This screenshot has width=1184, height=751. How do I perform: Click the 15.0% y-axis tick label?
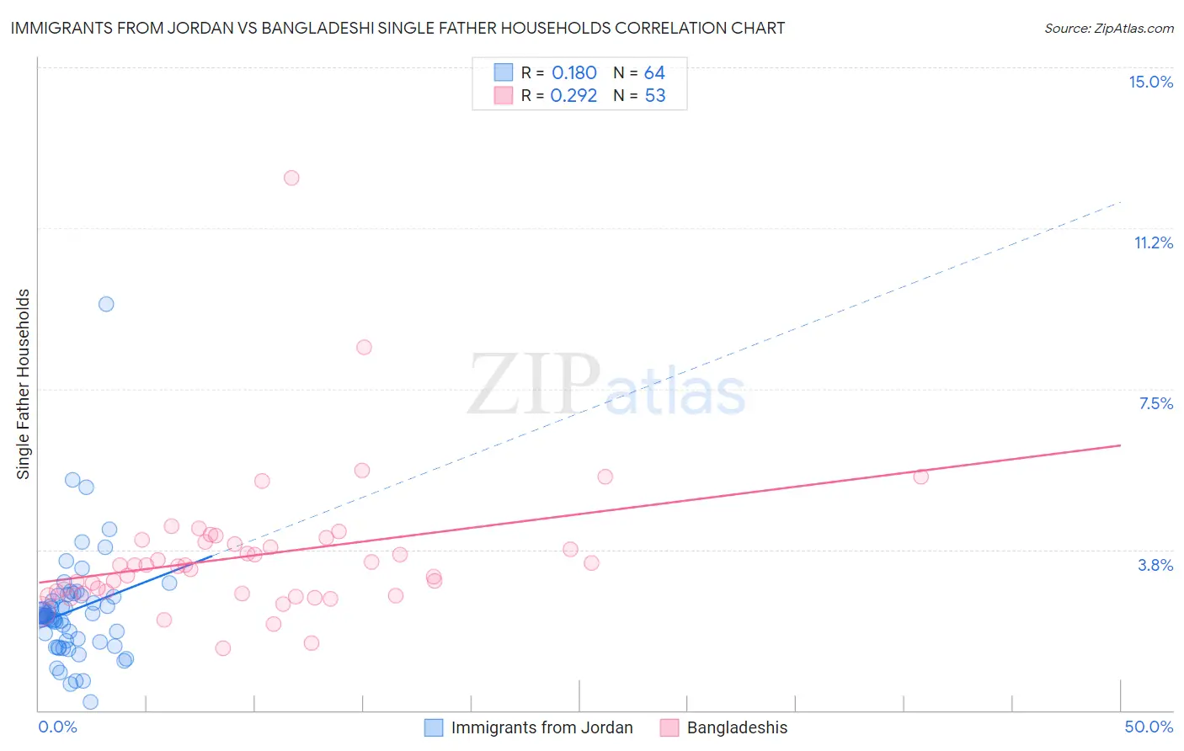click(x=1150, y=82)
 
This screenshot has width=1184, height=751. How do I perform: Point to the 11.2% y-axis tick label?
click(x=1153, y=242)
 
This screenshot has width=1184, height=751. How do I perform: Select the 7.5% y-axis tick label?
click(x=1155, y=403)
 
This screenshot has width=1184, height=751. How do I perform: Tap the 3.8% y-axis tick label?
click(x=1155, y=565)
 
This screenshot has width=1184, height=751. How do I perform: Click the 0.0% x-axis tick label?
click(x=57, y=727)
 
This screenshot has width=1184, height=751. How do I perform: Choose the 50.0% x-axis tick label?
click(x=1149, y=727)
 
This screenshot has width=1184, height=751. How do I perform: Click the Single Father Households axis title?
click(x=24, y=384)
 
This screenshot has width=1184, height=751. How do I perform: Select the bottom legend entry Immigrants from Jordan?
click(x=541, y=727)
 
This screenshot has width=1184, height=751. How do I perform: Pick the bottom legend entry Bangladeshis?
click(x=737, y=727)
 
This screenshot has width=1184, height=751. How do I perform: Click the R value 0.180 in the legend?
click(x=573, y=73)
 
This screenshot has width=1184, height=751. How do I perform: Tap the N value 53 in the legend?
click(x=654, y=96)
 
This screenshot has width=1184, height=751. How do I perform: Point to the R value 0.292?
click(x=573, y=96)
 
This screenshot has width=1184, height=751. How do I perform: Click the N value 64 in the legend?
click(x=654, y=73)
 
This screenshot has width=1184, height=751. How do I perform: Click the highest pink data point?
click(x=291, y=178)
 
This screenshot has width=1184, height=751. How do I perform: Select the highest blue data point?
click(x=106, y=304)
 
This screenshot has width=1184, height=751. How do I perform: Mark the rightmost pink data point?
click(x=920, y=477)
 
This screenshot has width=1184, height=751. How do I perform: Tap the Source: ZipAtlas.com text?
click(x=1108, y=29)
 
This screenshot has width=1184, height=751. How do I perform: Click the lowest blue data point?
click(x=90, y=702)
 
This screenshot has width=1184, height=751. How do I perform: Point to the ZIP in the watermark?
click(x=534, y=386)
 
